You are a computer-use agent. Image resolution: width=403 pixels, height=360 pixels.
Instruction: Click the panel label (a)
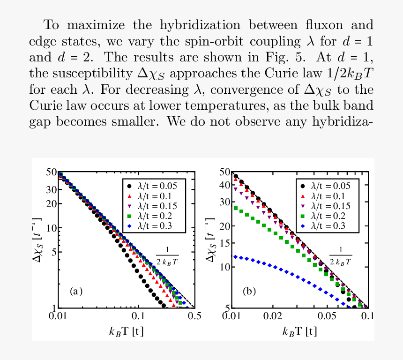pyautogui.click(x=76, y=291)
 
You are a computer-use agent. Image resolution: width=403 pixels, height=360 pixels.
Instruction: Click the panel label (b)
pyautogui.click(x=249, y=291)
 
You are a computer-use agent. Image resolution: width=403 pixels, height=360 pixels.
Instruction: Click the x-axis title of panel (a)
pyautogui.click(x=127, y=331)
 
